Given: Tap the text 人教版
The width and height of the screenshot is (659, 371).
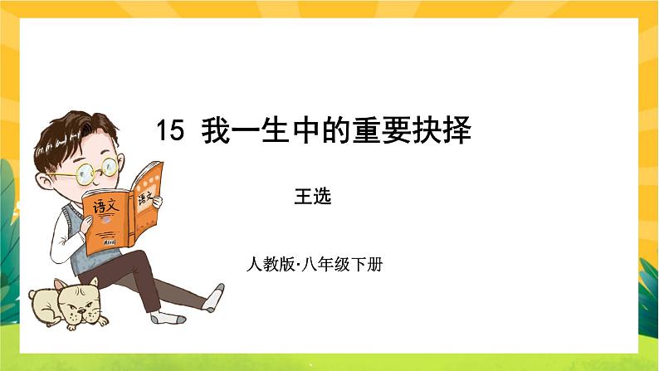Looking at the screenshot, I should (x=265, y=266).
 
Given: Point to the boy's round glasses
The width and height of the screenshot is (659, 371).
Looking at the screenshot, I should (x=95, y=170).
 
